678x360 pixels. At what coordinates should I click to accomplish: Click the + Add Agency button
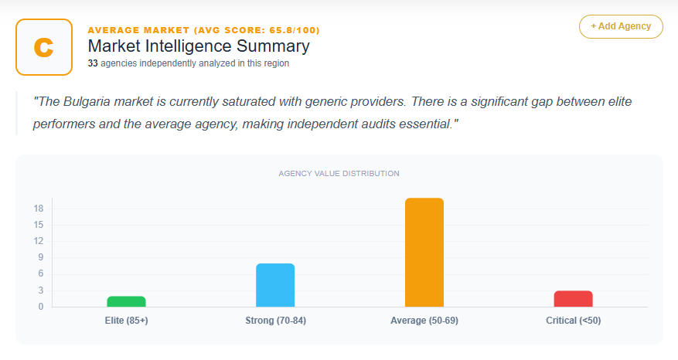click(x=621, y=26)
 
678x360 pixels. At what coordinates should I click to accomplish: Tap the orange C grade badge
click(x=44, y=47)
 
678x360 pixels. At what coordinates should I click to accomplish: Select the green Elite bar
click(x=126, y=301)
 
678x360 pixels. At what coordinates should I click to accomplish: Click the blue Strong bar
click(x=275, y=285)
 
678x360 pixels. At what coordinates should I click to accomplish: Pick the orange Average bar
click(x=424, y=253)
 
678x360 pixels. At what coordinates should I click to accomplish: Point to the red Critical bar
click(x=574, y=298)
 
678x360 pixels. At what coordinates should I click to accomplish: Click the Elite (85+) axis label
click(x=126, y=320)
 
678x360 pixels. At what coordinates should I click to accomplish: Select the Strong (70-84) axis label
click(x=275, y=320)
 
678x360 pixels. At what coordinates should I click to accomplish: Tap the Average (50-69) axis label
click(x=424, y=320)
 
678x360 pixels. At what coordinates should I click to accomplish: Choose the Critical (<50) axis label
click(x=574, y=320)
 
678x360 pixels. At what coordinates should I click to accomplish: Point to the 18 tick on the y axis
click(x=38, y=209)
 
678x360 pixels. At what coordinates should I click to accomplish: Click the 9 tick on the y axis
click(x=40, y=257)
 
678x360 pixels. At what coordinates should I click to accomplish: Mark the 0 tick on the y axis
click(x=40, y=307)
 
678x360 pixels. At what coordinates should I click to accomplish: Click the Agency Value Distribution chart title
click(x=339, y=173)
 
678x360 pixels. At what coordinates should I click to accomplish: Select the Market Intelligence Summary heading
click(x=199, y=46)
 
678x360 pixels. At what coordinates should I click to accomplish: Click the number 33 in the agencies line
click(x=93, y=63)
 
